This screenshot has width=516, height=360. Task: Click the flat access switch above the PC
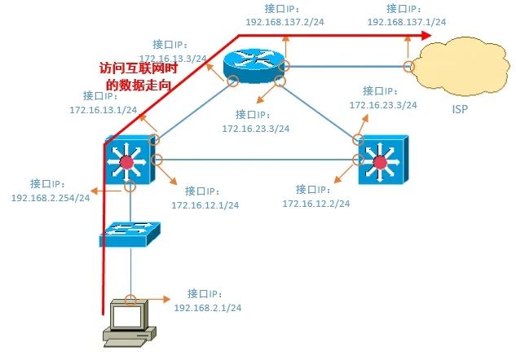tap(130, 235)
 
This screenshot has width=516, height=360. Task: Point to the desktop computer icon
tap(126, 322)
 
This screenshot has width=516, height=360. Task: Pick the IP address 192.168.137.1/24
tap(406, 23)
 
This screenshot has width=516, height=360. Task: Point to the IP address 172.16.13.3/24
tap(173, 59)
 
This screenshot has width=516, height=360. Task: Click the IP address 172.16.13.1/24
tap(104, 110)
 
